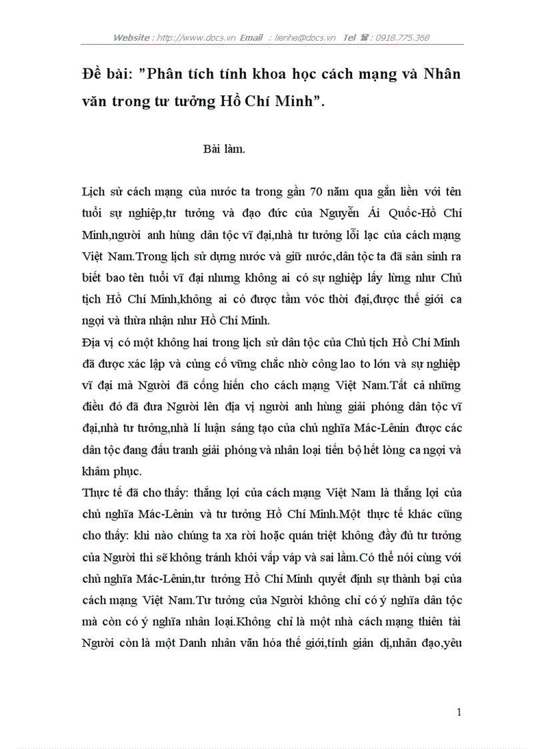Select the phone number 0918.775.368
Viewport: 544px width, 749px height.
[x=403, y=38]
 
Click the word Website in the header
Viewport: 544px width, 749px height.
[x=132, y=38]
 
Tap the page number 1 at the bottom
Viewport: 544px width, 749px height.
[x=459, y=712]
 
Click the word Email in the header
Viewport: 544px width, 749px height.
[x=252, y=38]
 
